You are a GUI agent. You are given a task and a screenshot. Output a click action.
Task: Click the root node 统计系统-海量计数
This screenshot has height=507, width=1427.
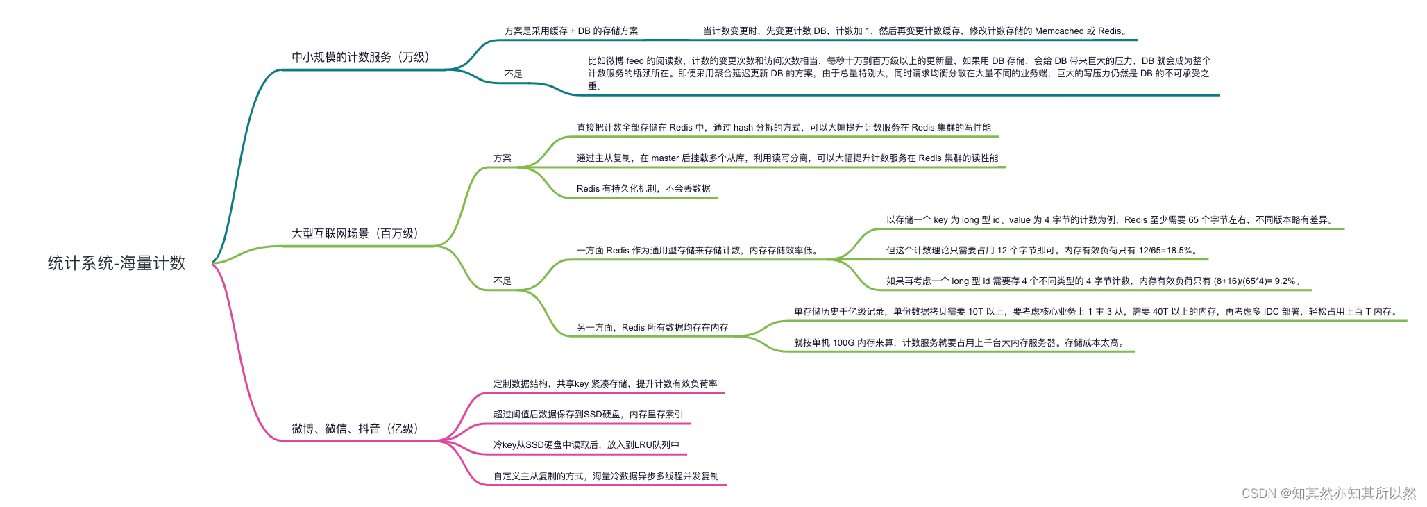click(117, 263)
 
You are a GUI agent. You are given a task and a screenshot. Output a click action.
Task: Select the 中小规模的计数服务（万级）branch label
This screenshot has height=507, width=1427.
click(360, 57)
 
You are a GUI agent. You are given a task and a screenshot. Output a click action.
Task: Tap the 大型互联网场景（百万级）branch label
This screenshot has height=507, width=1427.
click(355, 233)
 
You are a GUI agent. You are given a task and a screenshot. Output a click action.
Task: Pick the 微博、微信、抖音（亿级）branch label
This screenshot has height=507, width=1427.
click(355, 429)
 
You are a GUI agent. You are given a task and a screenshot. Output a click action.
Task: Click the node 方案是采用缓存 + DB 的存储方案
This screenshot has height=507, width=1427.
click(571, 31)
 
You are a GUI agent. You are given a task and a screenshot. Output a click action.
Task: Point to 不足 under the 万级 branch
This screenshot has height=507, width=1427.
click(514, 74)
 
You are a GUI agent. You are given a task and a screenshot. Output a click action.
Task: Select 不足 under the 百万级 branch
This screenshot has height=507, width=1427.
click(503, 281)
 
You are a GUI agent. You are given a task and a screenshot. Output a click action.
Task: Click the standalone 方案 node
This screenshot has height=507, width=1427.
click(503, 158)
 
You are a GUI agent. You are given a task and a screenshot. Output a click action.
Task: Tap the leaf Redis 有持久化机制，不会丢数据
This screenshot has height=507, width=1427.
click(643, 188)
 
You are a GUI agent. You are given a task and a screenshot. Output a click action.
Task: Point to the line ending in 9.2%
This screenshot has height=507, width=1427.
click(1094, 281)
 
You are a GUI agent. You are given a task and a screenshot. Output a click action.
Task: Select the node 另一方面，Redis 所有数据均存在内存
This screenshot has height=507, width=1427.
click(652, 327)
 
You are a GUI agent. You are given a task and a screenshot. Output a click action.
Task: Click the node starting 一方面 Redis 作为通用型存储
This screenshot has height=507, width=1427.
click(698, 251)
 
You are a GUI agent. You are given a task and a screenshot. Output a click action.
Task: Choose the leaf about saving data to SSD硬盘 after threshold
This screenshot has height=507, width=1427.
click(588, 414)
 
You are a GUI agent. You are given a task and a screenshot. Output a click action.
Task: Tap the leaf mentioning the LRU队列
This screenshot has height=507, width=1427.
click(586, 444)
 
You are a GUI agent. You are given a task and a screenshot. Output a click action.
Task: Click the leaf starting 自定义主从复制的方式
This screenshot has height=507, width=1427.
click(606, 476)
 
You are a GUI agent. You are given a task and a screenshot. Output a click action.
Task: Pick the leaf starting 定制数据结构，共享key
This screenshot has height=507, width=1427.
click(605, 383)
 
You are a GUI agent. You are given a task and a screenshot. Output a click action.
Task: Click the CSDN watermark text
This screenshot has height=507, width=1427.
click(1328, 493)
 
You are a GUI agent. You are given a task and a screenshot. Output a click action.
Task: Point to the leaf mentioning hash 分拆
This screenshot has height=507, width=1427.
click(784, 128)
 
